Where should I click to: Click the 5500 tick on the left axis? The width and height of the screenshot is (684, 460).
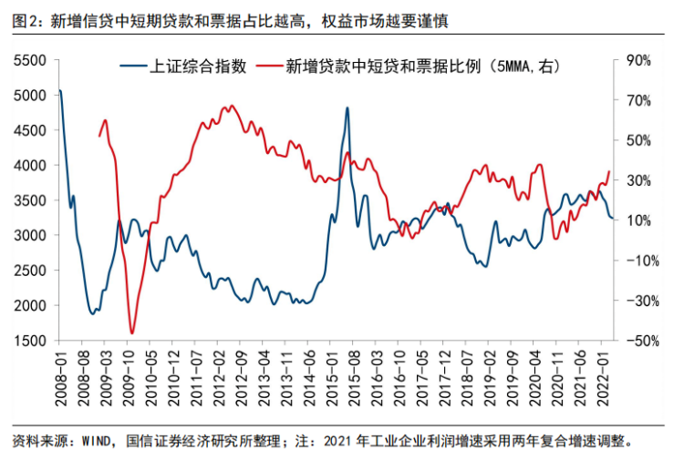30,60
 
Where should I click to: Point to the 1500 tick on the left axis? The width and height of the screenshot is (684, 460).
30,340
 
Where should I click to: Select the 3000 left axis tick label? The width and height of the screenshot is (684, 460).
30,235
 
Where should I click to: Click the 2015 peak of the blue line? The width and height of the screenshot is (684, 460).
347,107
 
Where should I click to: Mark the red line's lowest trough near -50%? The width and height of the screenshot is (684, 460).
132,333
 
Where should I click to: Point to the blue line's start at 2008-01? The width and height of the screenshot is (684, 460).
59,90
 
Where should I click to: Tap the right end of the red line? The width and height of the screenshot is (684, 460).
609,171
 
